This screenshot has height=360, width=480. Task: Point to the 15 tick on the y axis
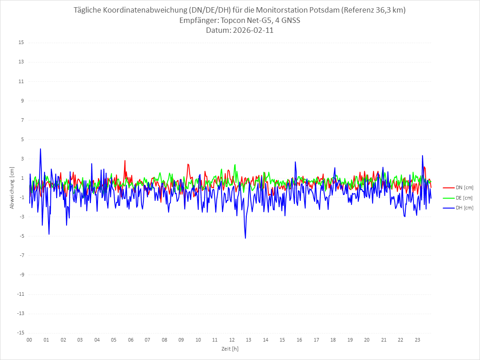point(21,43)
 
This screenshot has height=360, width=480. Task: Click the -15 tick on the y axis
point(20,333)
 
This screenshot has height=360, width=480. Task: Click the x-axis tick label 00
point(29,340)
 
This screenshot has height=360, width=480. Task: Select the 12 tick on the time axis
point(232,340)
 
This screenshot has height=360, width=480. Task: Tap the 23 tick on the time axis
point(418,340)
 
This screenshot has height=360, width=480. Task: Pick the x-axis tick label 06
point(130,340)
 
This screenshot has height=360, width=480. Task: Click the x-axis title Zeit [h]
point(230,348)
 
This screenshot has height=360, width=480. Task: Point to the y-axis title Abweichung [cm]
point(12,187)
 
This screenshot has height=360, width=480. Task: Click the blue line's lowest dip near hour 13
point(245,238)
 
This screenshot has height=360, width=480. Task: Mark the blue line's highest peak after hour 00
point(40,149)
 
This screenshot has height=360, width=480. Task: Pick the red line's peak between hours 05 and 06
point(125,160)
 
